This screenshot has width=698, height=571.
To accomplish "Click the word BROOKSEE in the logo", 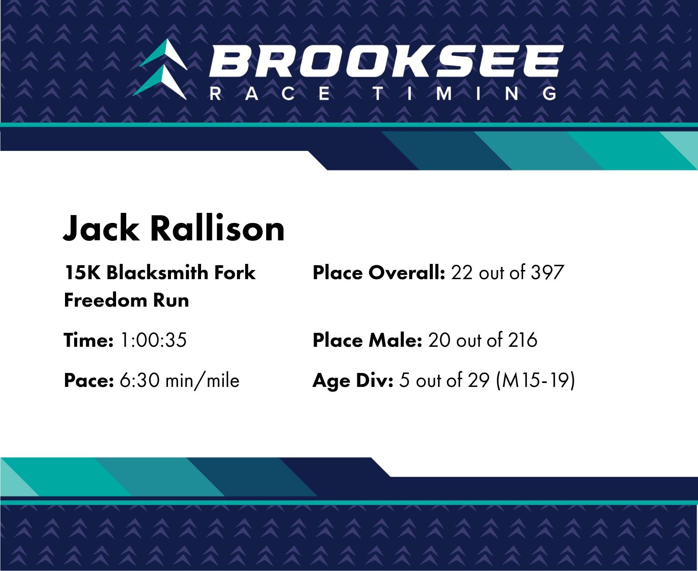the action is [386, 61].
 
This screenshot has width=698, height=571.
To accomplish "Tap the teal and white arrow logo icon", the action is [160, 69].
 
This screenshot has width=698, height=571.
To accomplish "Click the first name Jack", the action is [101, 229].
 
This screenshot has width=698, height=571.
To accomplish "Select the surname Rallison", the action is [217, 229].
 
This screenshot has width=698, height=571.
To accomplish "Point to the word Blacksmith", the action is [157, 273].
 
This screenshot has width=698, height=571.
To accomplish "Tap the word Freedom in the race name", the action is [106, 300].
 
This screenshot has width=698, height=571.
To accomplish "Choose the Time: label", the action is [89, 340].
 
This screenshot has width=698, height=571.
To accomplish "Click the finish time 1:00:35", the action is [154, 340].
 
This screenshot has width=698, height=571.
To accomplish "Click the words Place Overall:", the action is [379, 273].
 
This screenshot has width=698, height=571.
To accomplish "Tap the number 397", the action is [547, 273].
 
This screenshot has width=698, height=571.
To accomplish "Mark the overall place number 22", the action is [462, 273].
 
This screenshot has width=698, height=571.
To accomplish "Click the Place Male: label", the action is [367, 340].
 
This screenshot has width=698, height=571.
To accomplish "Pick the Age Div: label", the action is [353, 381].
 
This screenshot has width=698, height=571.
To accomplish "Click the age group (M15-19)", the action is [535, 381].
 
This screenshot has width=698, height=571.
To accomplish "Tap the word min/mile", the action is [202, 381].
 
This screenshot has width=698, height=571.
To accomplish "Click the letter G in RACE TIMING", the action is [550, 93].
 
